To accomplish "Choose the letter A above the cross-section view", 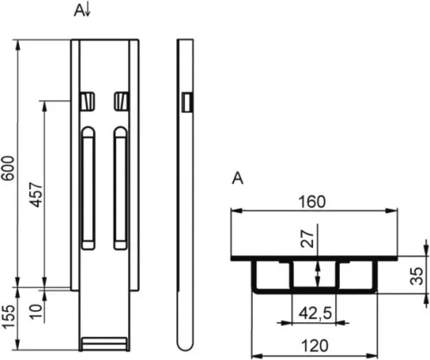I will [x=237, y=179].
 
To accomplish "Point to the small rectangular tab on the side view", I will [x=187, y=102].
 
